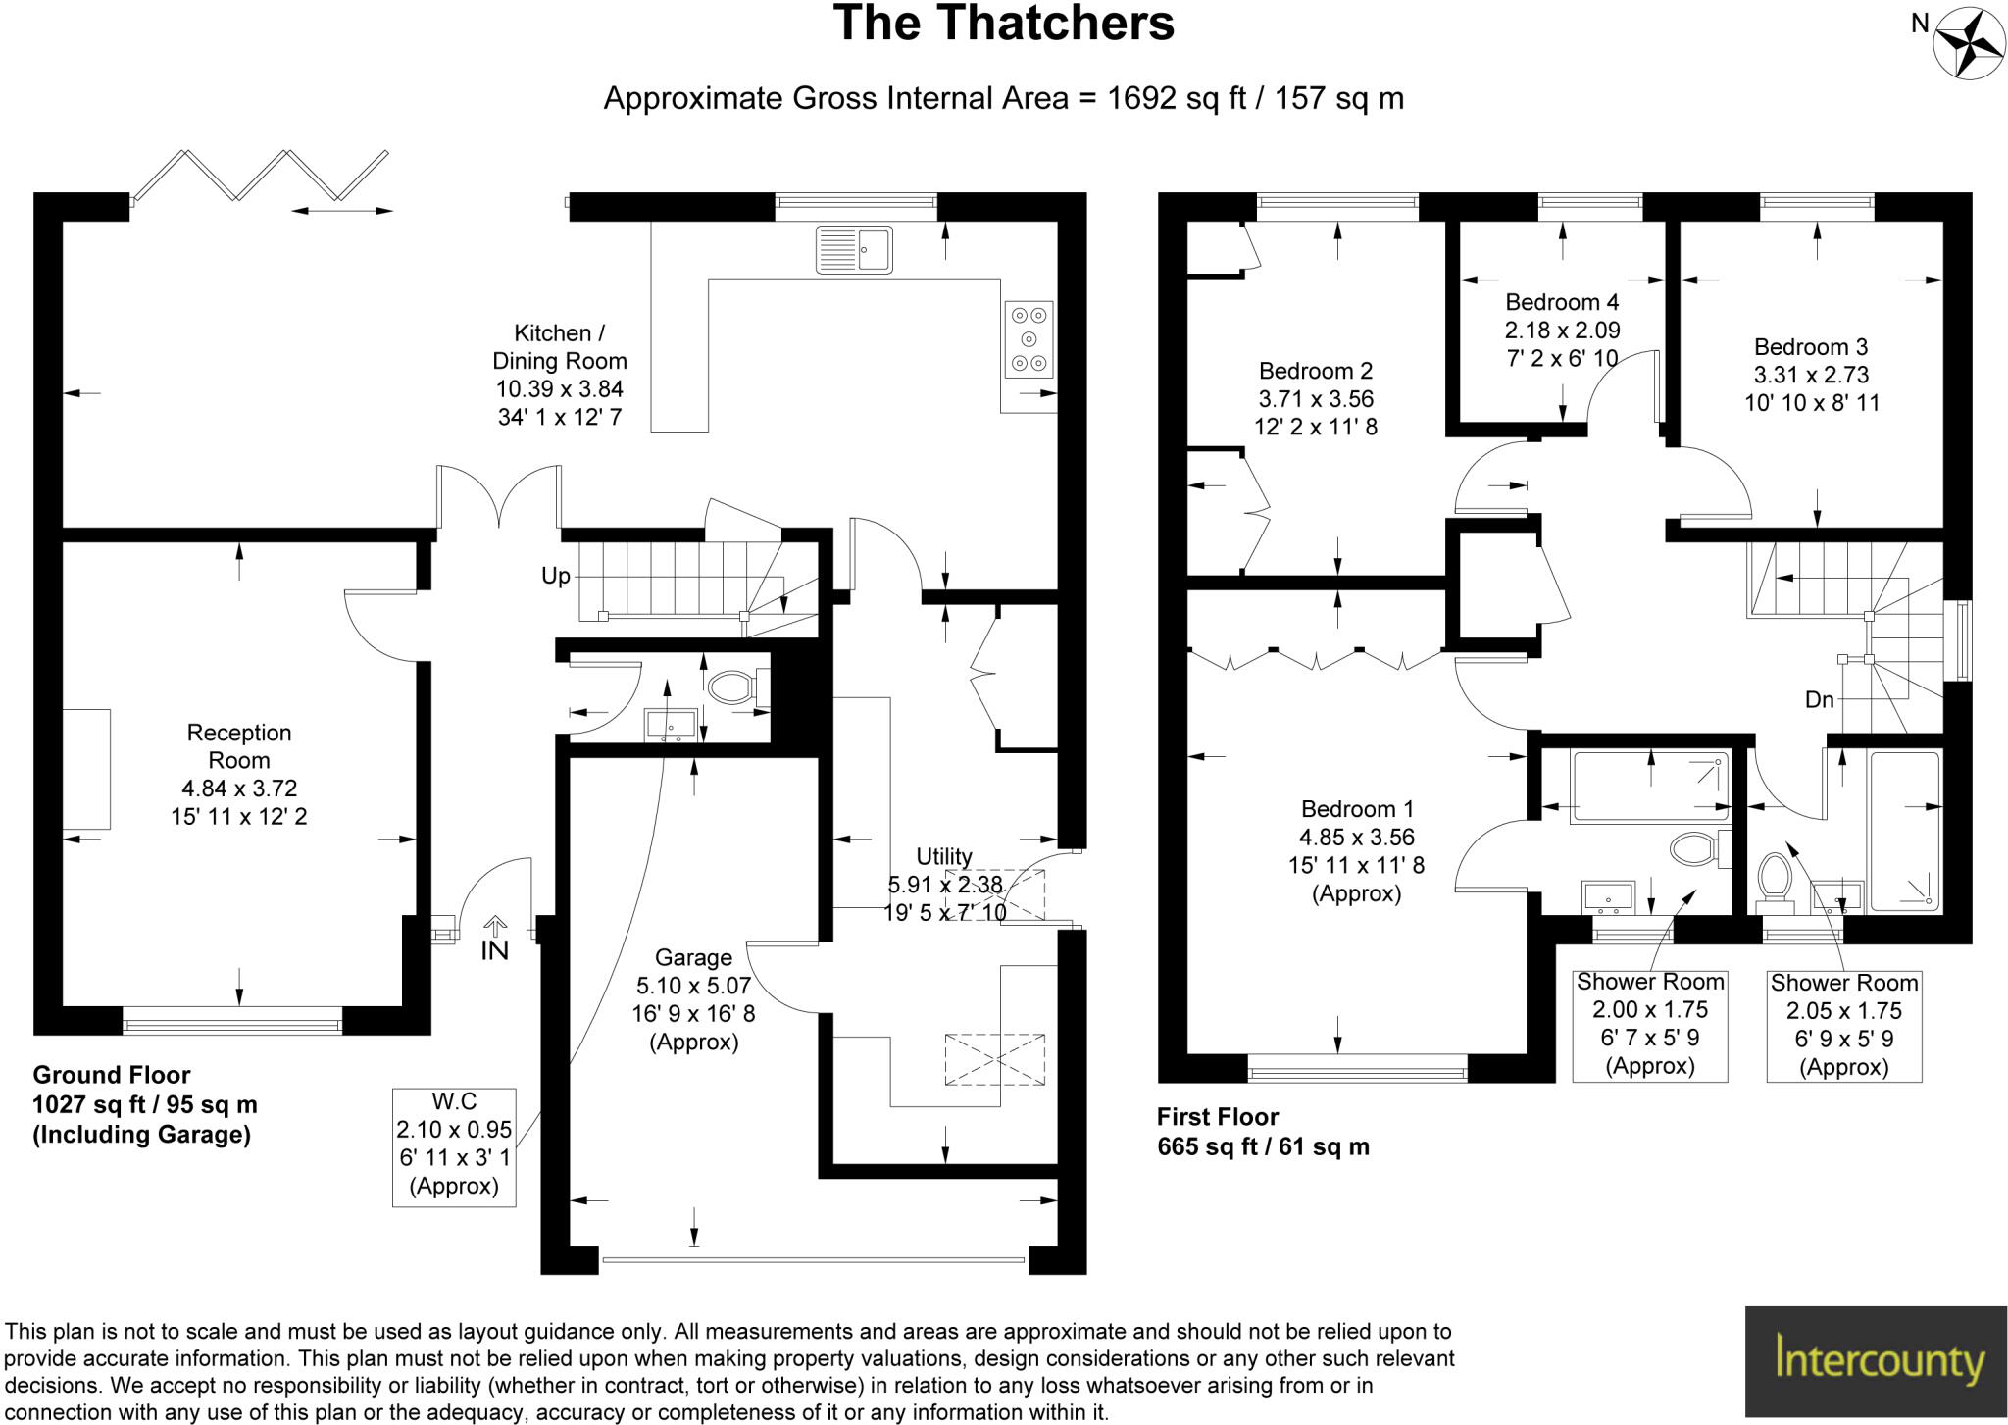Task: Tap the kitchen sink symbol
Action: [x=853, y=249]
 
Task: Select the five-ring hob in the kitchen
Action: [x=1029, y=339]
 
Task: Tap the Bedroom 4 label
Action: [x=1562, y=330]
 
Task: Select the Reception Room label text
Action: [x=239, y=774]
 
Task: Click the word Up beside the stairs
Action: [x=556, y=576]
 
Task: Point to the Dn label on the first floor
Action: [x=1819, y=699]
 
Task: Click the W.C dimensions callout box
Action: [x=454, y=1145]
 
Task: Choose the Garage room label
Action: [x=693, y=998]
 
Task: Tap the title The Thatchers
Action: [x=1003, y=24]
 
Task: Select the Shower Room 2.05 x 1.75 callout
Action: [x=1843, y=1024]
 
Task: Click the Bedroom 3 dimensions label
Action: [x=1811, y=375]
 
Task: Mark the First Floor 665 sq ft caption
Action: [x=1263, y=1131]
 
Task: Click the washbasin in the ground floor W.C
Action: [x=671, y=724]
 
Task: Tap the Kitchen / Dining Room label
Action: [x=560, y=375]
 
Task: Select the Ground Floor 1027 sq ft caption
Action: [x=145, y=1104]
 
